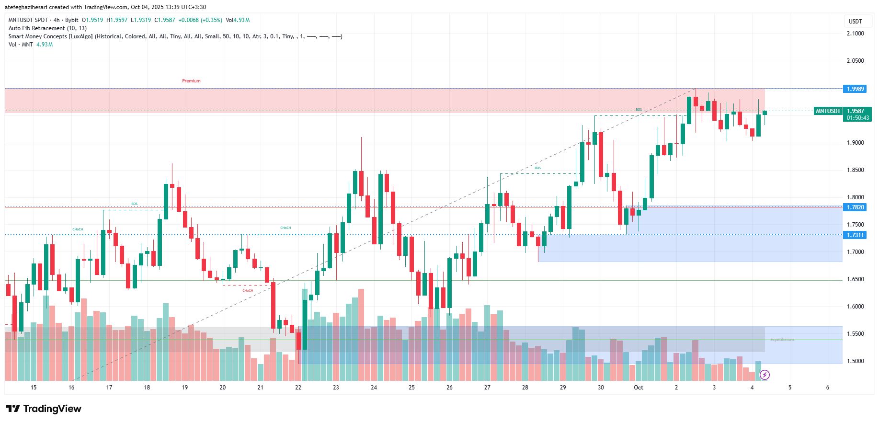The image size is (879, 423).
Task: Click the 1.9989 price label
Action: pyautogui.click(x=855, y=89)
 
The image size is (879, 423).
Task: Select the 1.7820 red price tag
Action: pyautogui.click(x=855, y=207)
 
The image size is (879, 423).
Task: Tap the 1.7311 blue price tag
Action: pyautogui.click(x=855, y=235)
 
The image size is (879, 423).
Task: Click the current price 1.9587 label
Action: pyautogui.click(x=855, y=111)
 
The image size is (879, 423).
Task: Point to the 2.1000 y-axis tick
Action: pyautogui.click(x=855, y=34)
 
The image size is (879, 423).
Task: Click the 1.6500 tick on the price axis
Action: pyautogui.click(x=855, y=279)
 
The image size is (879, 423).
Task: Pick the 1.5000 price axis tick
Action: pyautogui.click(x=855, y=361)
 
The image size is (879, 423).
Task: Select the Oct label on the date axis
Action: pyautogui.click(x=639, y=388)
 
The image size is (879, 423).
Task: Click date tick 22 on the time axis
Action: pyautogui.click(x=298, y=388)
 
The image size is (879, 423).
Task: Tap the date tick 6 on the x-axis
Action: pyautogui.click(x=828, y=388)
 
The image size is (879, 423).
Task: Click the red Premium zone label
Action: pyautogui.click(x=191, y=81)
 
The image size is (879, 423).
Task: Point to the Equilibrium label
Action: pyautogui.click(x=782, y=340)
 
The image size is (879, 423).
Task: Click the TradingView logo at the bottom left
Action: pyautogui.click(x=44, y=409)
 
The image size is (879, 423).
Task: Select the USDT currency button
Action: pyautogui.click(x=855, y=22)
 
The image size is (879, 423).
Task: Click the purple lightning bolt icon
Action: pyautogui.click(x=765, y=375)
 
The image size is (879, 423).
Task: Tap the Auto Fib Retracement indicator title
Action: pyautogui.click(x=47, y=28)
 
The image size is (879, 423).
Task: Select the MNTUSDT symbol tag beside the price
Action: pyautogui.click(x=828, y=111)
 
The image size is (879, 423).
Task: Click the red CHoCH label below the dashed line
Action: pyautogui.click(x=248, y=291)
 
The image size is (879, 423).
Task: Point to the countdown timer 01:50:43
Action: pyautogui.click(x=857, y=118)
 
